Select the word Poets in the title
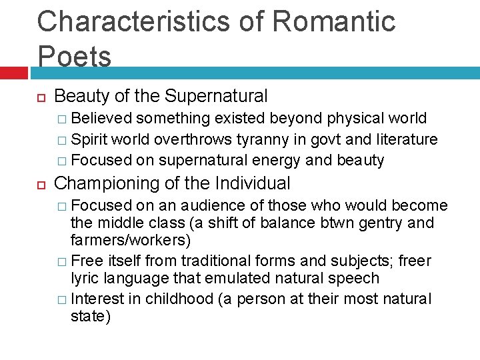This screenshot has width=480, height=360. (x=74, y=57)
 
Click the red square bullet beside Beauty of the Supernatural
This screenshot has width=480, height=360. (x=40, y=97)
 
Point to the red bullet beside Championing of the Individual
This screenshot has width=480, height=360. (x=40, y=184)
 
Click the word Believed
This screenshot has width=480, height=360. (x=103, y=119)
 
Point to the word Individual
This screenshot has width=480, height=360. (x=255, y=183)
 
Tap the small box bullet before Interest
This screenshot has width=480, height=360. (x=61, y=299)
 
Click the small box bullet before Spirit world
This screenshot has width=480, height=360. (x=61, y=140)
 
